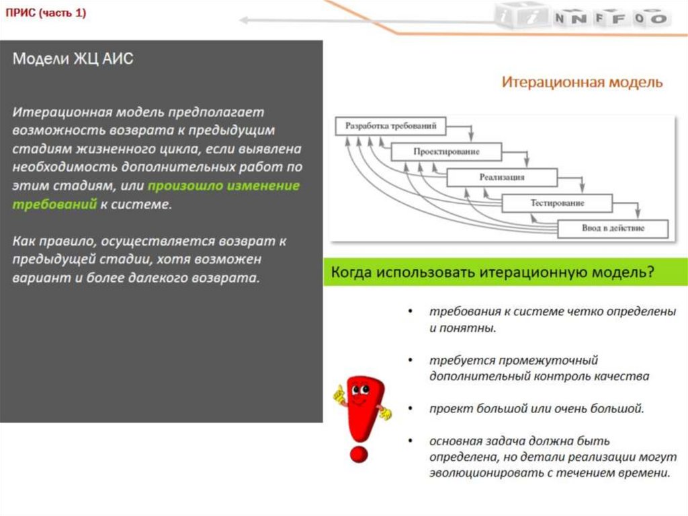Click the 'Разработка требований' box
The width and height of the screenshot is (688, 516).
tap(391, 126)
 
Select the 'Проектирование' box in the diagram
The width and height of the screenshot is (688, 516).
tap(446, 152)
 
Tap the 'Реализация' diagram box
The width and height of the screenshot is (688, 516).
tap(502, 178)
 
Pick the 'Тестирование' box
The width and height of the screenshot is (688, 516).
tap(557, 202)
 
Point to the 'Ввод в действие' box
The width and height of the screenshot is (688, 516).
tap(613, 228)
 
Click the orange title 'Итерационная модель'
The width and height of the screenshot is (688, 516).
tap(582, 83)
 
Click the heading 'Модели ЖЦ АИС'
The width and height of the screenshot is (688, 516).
tap(73, 59)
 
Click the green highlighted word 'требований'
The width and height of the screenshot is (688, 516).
tap(54, 204)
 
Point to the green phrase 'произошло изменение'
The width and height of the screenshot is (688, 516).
tap(224, 186)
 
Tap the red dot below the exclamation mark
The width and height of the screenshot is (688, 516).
tap(360, 455)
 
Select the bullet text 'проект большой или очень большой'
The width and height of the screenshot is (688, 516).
tap(537, 408)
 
